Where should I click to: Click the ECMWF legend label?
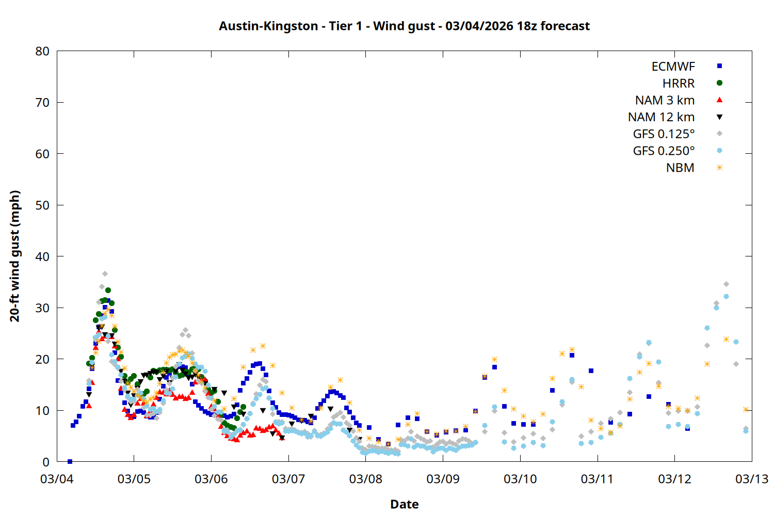click(673, 67)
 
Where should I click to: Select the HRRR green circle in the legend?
click(719, 83)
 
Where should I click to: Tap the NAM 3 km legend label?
click(665, 100)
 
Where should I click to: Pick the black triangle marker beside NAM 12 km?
click(719, 117)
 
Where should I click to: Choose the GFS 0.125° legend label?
click(664, 134)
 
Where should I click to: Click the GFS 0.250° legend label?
click(664, 151)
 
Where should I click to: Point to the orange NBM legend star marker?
click(719, 168)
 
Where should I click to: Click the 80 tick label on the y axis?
click(42, 51)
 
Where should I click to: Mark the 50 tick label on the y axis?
click(42, 205)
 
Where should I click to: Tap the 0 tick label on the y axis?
click(46, 462)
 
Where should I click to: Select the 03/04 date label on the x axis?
click(57, 479)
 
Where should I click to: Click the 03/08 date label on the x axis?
click(366, 479)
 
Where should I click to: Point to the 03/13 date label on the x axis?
click(751, 479)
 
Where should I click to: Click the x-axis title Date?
click(404, 504)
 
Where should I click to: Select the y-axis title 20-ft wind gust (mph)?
click(15, 256)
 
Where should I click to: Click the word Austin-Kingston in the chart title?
click(268, 26)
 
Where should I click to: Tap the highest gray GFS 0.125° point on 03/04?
click(105, 273)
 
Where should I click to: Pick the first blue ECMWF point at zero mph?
click(70, 461)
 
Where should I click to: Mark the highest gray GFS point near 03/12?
click(726, 284)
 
